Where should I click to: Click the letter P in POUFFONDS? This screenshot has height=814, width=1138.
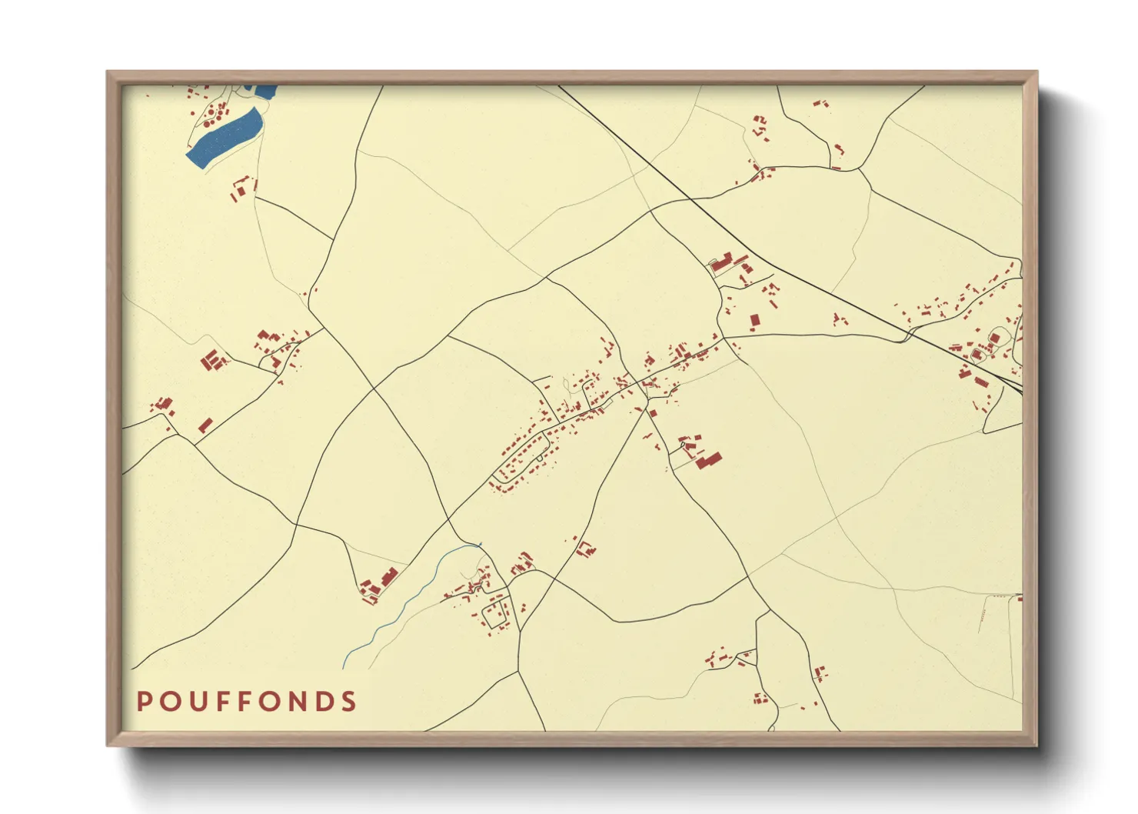click(144, 702)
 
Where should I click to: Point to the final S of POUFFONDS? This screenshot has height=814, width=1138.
click(350, 702)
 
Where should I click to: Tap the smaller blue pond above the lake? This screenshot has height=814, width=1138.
click(265, 91)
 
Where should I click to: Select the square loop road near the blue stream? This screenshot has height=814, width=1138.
click(494, 613)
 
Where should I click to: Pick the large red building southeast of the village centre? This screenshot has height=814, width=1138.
click(709, 460)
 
